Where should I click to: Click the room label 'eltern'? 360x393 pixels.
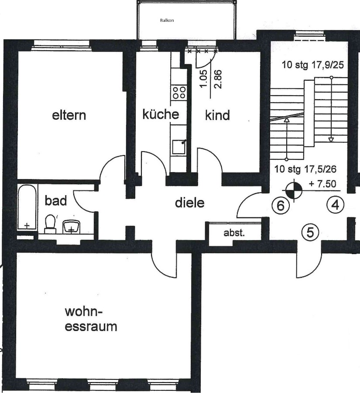pos(69,115)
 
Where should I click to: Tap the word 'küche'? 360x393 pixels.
pos(161,114)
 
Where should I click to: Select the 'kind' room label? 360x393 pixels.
pos(217,115)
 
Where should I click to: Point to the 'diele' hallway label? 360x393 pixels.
pos(190,203)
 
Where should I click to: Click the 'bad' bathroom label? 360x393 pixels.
pos(56,201)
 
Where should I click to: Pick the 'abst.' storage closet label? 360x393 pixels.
pos(234,233)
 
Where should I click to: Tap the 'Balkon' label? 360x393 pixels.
pos(167,20)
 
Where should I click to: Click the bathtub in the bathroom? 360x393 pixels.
pos(27,207)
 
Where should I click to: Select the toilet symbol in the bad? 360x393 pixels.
pos(50,224)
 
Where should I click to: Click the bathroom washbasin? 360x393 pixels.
pos(72,227)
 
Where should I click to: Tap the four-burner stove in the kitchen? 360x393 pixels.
pos(179,93)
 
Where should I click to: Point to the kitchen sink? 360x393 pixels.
pos(179,147)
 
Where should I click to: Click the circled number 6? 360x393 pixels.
pos(281,206)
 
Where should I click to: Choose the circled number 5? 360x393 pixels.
pos(310,232)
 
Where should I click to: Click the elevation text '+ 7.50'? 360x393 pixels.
pos(322,184)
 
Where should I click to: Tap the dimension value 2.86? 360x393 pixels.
pos(218,79)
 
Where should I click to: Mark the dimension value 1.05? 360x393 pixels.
pos(203,79)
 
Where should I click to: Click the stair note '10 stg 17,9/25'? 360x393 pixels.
pos(312,65)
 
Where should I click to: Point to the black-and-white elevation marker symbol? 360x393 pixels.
pos(294,190)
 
